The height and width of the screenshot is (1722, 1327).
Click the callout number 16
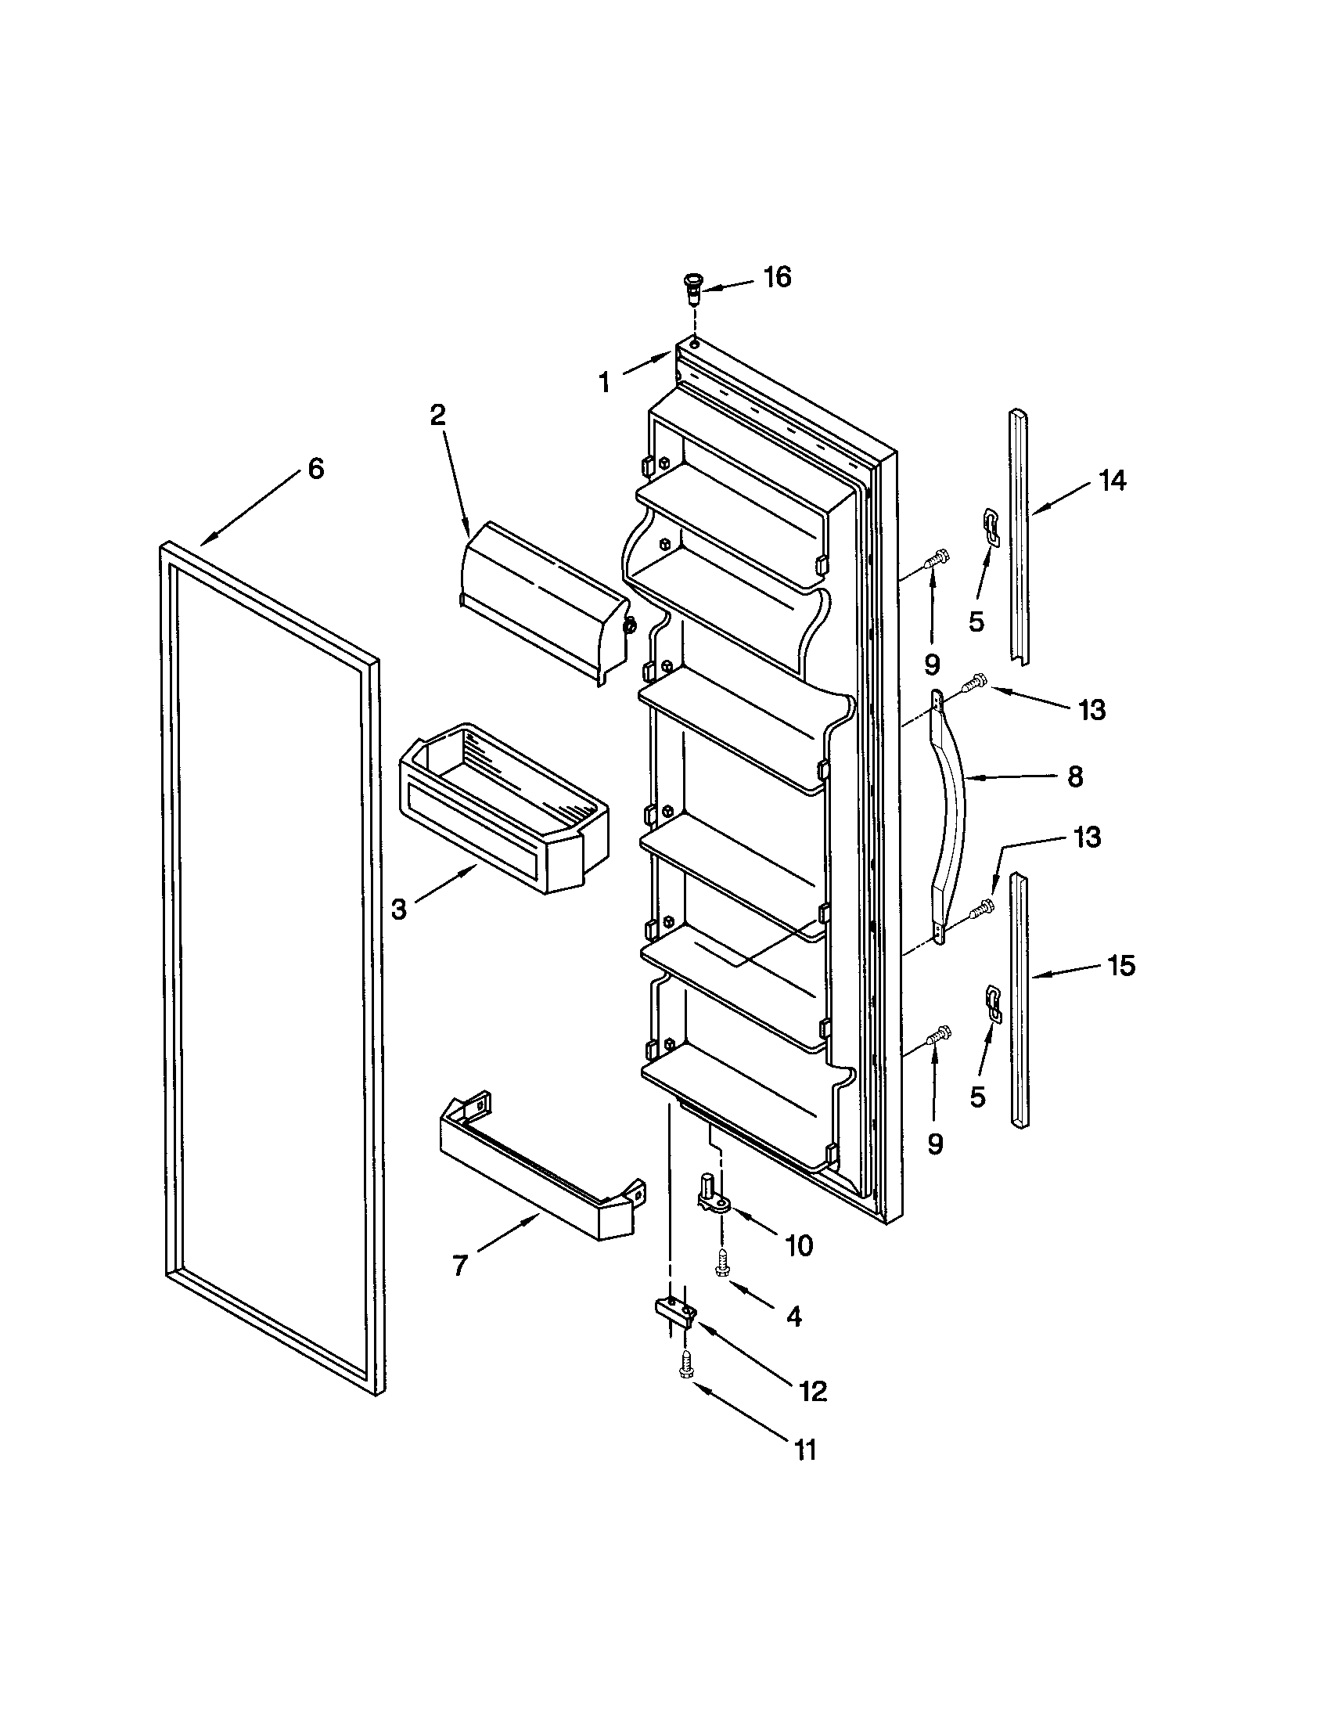(x=776, y=278)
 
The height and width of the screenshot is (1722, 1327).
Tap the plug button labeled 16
(x=692, y=287)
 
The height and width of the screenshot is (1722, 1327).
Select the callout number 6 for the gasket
(x=315, y=469)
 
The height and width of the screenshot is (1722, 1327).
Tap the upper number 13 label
(x=1091, y=711)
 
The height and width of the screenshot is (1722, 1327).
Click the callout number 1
(x=604, y=384)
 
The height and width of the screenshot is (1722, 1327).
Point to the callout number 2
(x=437, y=416)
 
